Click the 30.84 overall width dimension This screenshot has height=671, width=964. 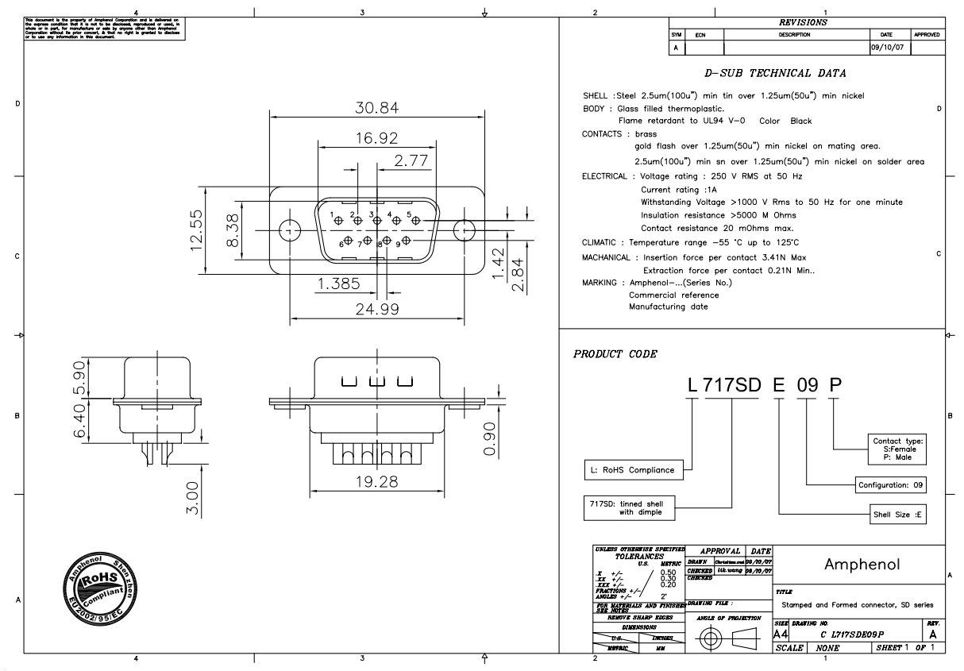tap(377, 108)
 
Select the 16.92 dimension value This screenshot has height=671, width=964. tap(377, 138)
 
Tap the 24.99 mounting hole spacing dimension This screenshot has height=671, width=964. tap(377, 309)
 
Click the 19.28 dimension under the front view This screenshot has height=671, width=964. tap(377, 481)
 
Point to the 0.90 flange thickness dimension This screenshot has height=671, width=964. tap(490, 438)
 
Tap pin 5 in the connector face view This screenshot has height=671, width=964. tap(416, 220)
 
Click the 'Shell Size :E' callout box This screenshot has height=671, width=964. tap(897, 514)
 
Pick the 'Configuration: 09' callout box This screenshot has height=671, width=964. tap(891, 484)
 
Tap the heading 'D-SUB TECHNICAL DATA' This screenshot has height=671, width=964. tap(775, 73)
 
